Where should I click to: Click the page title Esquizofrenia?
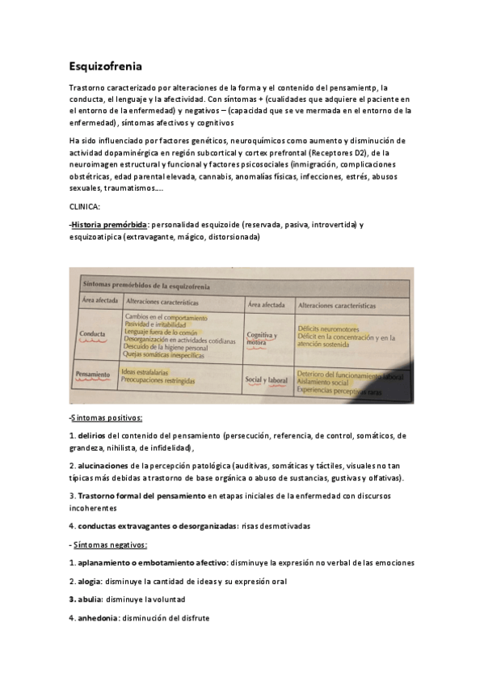point(106,67)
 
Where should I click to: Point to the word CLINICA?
point(85,207)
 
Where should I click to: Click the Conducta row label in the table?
point(95,333)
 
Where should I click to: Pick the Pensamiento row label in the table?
point(93,375)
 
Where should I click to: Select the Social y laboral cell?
point(267,379)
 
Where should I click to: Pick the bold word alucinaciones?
point(103,466)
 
